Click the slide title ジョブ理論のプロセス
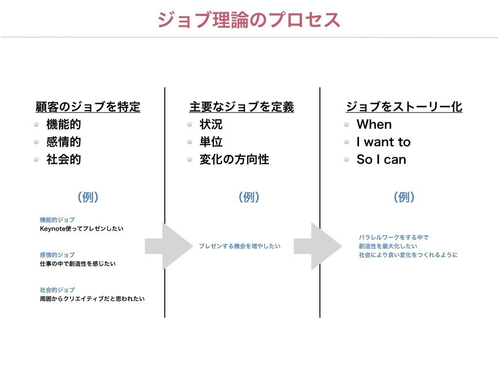pos(249,19)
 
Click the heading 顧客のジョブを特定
pos(88,107)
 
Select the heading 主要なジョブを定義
pos(242,107)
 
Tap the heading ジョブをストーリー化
pos(404,107)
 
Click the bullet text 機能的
pos(63,124)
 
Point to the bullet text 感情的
pos(63,142)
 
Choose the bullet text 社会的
pos(63,159)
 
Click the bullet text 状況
pos(211,124)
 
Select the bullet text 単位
pos(211,142)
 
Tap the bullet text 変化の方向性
pos(234,159)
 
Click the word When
pos(374,124)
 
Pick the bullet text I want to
pos(383,142)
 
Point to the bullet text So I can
pos(381,159)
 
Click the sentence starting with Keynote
pos(81,228)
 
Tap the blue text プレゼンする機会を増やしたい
pos(239,246)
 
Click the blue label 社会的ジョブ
pos(57,290)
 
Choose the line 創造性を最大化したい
pos(388,246)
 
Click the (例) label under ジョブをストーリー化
pos(404,197)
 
